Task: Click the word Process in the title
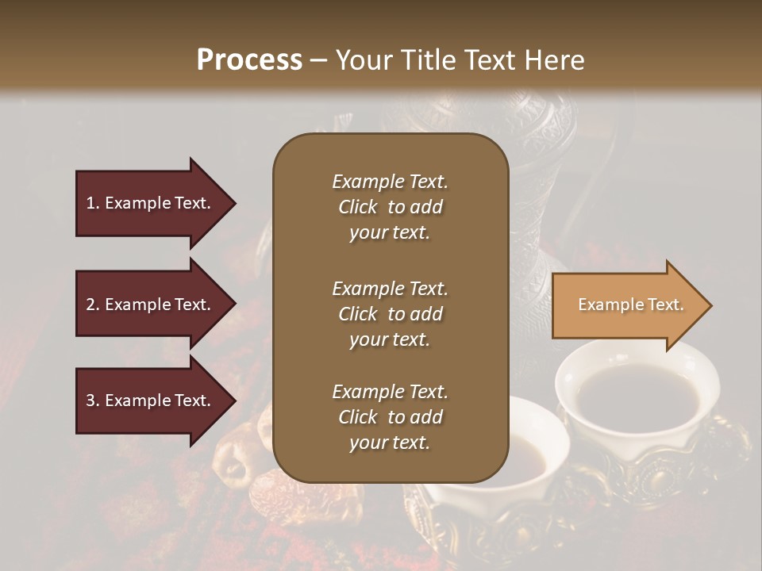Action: click(x=249, y=60)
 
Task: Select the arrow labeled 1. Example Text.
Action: click(x=151, y=203)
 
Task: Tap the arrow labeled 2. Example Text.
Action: click(x=151, y=305)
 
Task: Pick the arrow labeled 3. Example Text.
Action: click(x=151, y=400)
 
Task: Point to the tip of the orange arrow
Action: click(x=709, y=305)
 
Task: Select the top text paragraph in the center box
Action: click(x=390, y=207)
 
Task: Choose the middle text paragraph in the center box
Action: click(x=390, y=314)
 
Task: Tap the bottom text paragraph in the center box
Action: click(x=390, y=417)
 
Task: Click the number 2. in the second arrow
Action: click(x=93, y=305)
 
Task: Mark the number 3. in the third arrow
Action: click(x=93, y=400)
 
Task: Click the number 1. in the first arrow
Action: click(x=93, y=203)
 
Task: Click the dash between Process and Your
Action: click(x=318, y=60)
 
